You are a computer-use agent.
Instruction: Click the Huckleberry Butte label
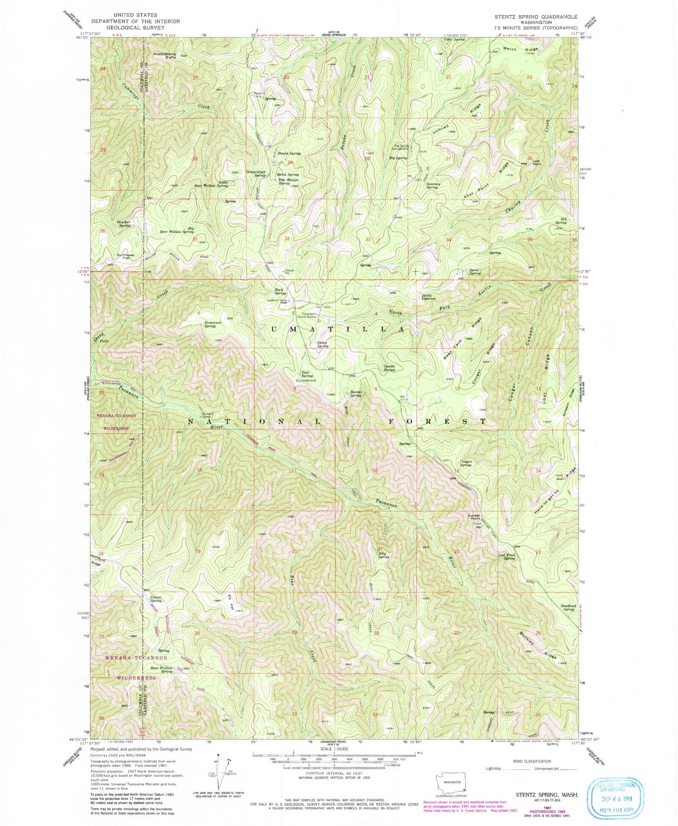pos(164,55)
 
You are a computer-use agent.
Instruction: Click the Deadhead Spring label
pos(568,607)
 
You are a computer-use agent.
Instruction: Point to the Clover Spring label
pos(156,599)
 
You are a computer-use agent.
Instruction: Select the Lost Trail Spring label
pos(507,557)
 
